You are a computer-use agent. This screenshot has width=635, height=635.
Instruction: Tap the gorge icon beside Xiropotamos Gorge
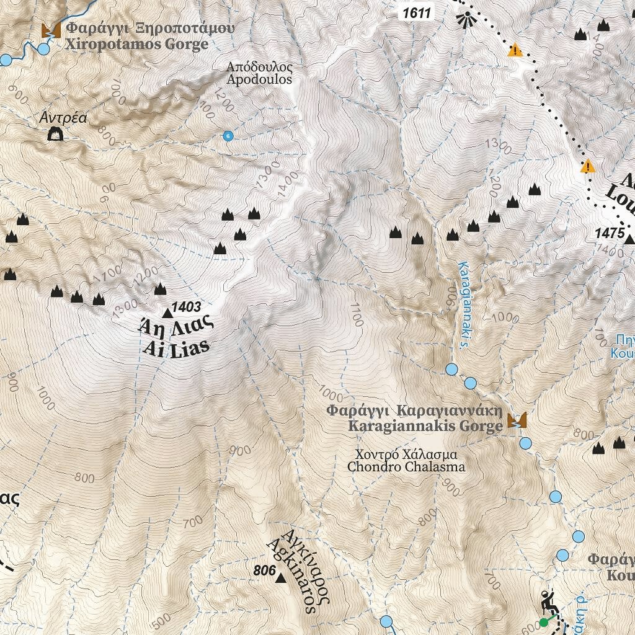point(50,30)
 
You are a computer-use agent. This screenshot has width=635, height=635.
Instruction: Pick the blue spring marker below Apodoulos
point(228,136)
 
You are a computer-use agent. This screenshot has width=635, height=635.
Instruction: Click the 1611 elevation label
point(415,12)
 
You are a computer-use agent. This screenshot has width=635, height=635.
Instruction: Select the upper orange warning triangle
point(514,50)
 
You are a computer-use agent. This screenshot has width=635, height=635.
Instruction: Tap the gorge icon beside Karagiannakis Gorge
point(517,420)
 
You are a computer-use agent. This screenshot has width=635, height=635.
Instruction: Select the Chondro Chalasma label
point(406,460)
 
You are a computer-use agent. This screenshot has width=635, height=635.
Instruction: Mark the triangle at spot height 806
point(280,578)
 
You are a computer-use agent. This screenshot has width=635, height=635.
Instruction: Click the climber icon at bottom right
point(548,601)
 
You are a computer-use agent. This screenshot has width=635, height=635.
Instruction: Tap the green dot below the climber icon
point(544,622)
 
